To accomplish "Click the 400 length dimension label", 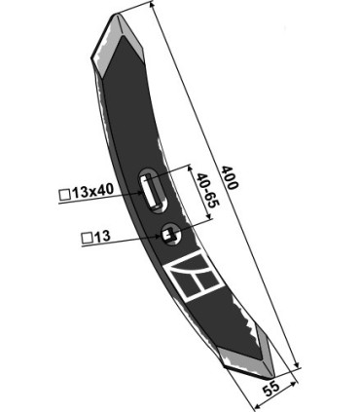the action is point(230,177).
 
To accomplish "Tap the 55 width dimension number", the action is point(271,390).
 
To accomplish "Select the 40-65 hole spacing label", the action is point(208,190).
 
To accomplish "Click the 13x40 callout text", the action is point(92,192).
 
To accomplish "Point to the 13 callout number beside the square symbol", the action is point(102,237).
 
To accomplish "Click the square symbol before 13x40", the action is point(64,195).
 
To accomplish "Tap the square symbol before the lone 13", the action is point(87,239).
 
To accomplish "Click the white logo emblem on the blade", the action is point(194,277).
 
